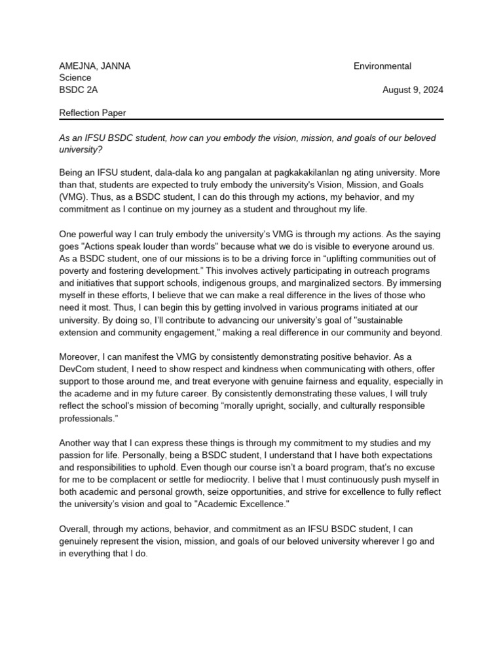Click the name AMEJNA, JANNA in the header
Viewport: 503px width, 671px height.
(x=94, y=66)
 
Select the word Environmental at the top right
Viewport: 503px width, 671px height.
(x=382, y=66)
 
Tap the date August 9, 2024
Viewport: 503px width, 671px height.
(x=413, y=90)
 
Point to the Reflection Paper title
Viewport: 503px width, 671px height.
(x=92, y=113)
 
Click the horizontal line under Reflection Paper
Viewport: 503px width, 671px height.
(x=251, y=119)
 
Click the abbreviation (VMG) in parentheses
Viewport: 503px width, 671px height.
(x=73, y=197)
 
